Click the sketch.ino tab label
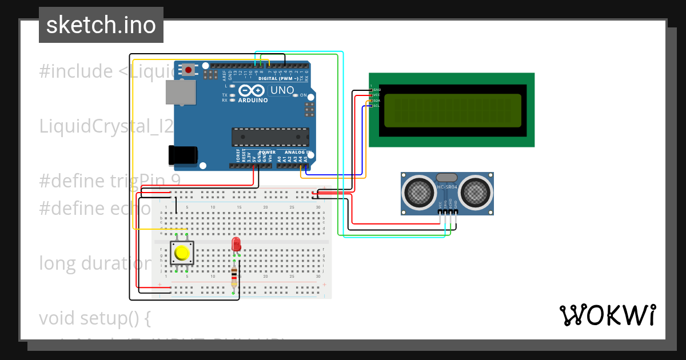(x=101, y=25)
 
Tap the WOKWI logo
(x=607, y=315)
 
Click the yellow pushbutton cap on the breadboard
(x=182, y=253)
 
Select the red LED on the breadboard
(x=236, y=245)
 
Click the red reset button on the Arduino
(x=188, y=70)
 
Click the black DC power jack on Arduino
(x=182, y=155)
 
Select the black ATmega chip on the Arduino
(x=270, y=137)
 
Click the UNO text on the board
(x=282, y=90)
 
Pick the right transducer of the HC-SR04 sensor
(x=476, y=193)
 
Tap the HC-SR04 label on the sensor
(x=448, y=187)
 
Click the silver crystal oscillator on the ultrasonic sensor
(x=446, y=178)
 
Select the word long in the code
(x=58, y=263)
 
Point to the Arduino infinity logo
(x=252, y=90)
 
